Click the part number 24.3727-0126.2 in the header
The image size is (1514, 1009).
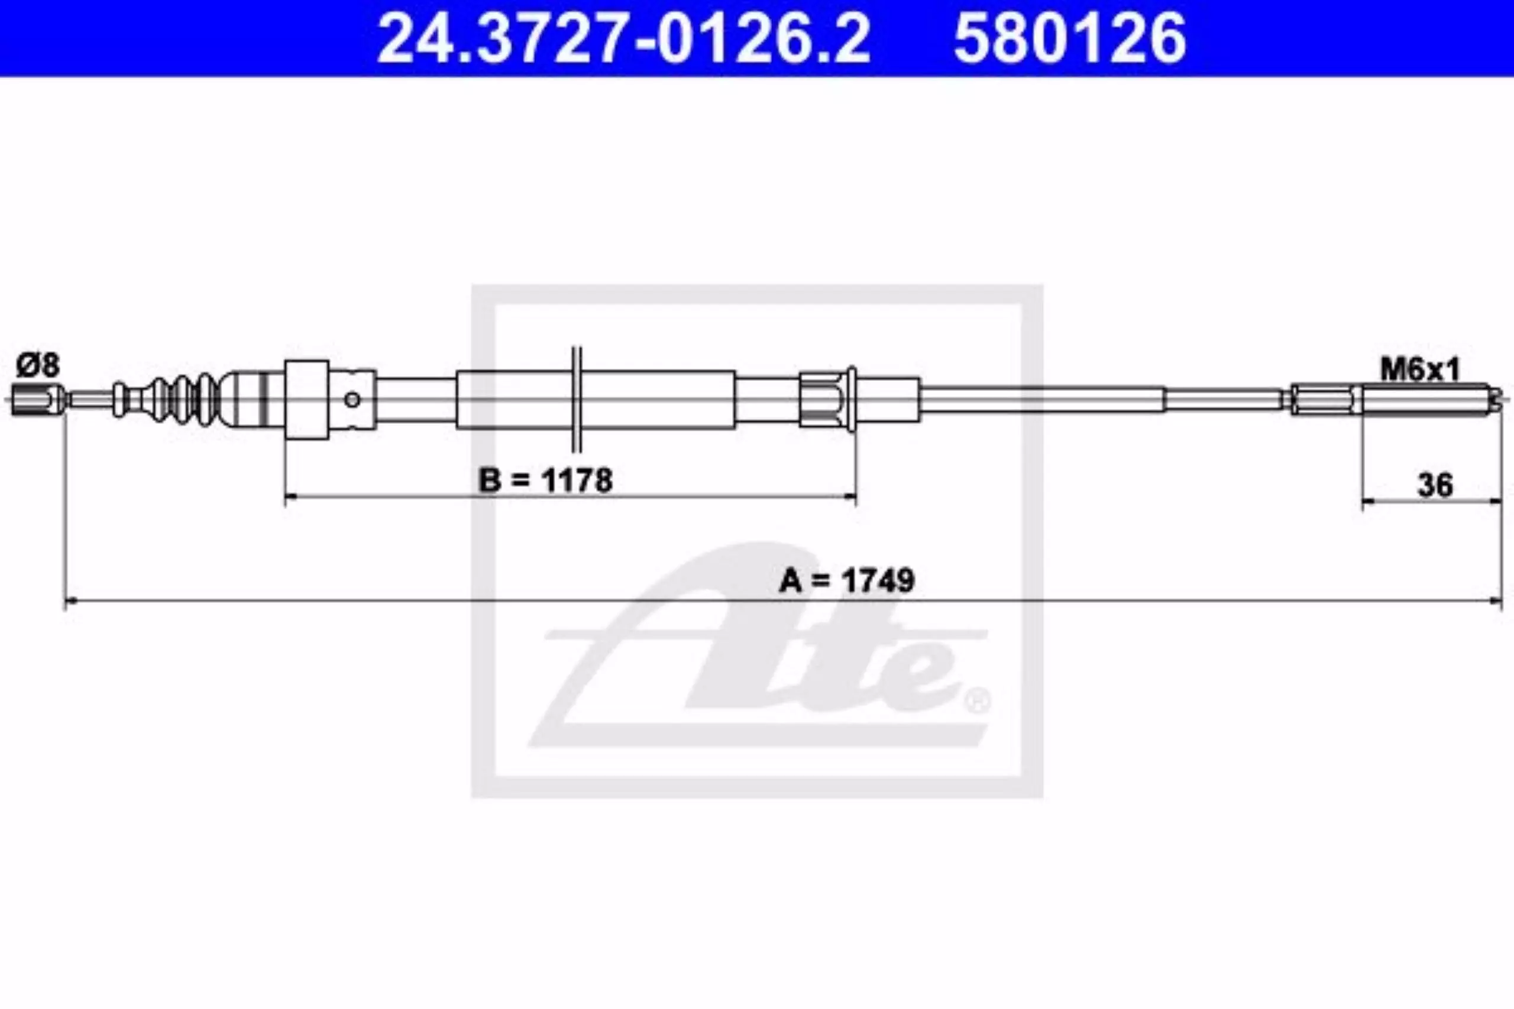623,38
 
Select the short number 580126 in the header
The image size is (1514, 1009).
1069,38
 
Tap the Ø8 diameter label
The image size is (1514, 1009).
38,366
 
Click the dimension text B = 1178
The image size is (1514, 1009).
545,480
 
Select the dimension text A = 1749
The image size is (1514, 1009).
846,581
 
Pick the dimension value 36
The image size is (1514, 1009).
1435,486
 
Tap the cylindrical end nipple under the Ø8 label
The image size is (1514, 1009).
37,400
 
